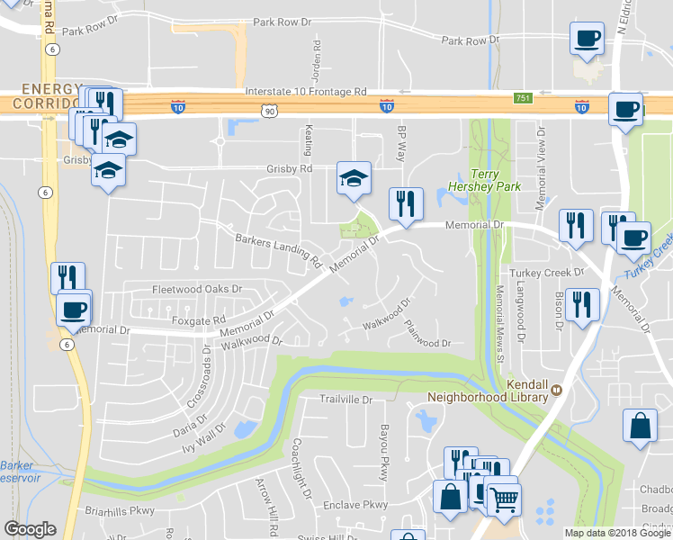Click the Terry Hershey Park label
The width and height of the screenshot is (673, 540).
497,179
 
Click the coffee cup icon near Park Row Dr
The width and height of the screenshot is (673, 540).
587,40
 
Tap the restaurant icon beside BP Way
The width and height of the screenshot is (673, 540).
406,203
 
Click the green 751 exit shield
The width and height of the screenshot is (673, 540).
523,97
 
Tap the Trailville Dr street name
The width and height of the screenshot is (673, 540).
346,399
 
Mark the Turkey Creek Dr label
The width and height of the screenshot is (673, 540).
541,273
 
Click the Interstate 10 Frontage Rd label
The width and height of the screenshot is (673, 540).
306,92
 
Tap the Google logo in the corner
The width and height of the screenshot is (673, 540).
30,529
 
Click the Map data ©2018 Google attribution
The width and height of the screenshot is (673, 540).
617,533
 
